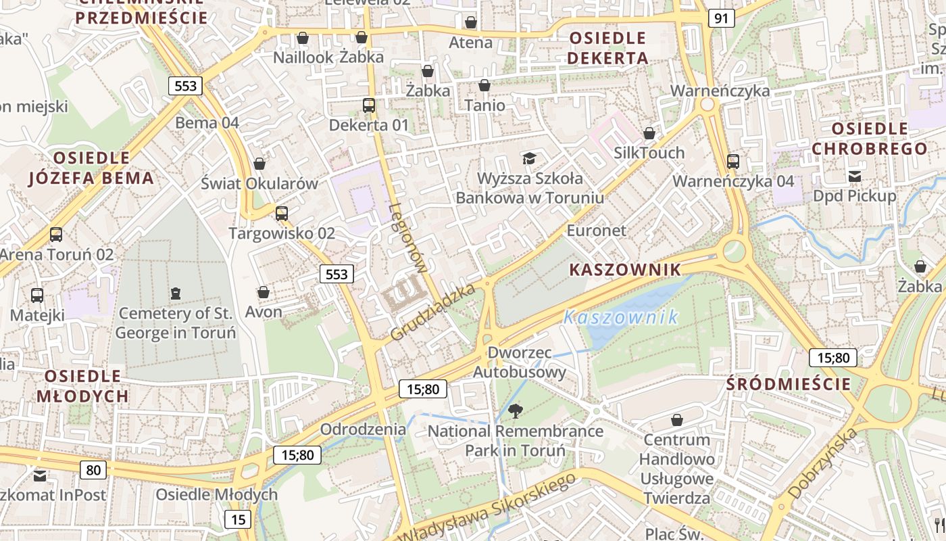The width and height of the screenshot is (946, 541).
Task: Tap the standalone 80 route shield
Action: click(93, 469)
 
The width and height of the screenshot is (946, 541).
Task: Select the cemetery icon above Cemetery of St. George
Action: click(176, 293)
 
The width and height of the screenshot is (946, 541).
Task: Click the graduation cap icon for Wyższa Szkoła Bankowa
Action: click(529, 158)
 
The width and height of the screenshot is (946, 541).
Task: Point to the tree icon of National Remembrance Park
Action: click(516, 410)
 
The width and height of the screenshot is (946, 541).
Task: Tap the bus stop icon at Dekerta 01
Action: click(368, 105)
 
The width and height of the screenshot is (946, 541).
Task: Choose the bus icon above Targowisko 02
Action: click(282, 214)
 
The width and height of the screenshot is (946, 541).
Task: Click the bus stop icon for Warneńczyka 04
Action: click(733, 162)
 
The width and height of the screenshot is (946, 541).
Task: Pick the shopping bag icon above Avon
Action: click(264, 292)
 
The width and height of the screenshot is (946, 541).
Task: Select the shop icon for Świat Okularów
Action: click(259, 164)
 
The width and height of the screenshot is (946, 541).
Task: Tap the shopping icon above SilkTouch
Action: click(649, 133)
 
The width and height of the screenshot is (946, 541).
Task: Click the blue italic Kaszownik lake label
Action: click(620, 317)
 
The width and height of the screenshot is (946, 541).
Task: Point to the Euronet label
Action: click(597, 231)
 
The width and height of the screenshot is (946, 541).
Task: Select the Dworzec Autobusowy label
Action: click(519, 362)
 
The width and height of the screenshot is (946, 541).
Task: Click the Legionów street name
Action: click(408, 238)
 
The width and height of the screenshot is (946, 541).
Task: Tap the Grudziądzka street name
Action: click(433, 312)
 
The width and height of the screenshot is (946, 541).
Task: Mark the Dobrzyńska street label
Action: click(823, 463)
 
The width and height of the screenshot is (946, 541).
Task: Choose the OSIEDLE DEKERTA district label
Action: click(607, 47)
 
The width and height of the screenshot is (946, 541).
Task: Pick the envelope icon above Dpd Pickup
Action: click(855, 177)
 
